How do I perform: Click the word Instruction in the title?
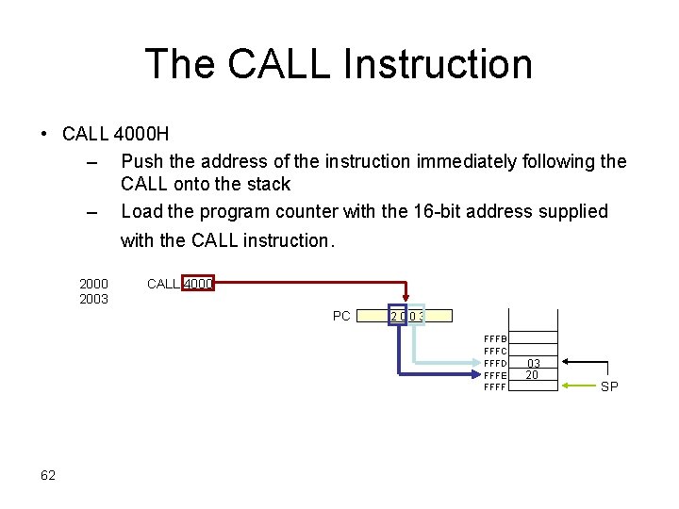[x=439, y=64]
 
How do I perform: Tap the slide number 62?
[x=48, y=474]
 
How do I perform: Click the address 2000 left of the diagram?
[x=93, y=284]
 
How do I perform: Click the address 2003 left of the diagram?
[x=93, y=299]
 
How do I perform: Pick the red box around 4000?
[x=198, y=283]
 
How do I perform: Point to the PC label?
[x=341, y=316]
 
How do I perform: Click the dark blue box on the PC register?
[x=397, y=316]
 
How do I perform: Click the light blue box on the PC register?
[x=416, y=316]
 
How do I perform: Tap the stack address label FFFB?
[x=495, y=338]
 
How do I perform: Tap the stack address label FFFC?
[x=495, y=351]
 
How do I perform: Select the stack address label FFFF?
[x=495, y=386]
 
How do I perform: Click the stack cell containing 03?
[x=533, y=363]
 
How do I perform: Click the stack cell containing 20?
[x=533, y=375]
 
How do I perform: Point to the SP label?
[x=609, y=386]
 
